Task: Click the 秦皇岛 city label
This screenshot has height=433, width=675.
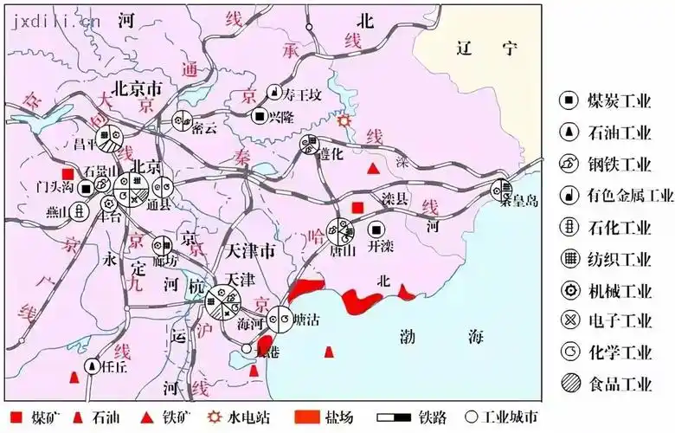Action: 520,201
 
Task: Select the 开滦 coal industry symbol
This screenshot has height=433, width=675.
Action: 376,229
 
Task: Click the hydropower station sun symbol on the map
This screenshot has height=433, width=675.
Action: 345,122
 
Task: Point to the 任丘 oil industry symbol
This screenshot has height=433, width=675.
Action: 92,367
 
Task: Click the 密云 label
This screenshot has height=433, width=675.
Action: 204,127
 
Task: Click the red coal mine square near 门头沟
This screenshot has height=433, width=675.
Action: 67,173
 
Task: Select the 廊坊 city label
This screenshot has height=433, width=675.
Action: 165,260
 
